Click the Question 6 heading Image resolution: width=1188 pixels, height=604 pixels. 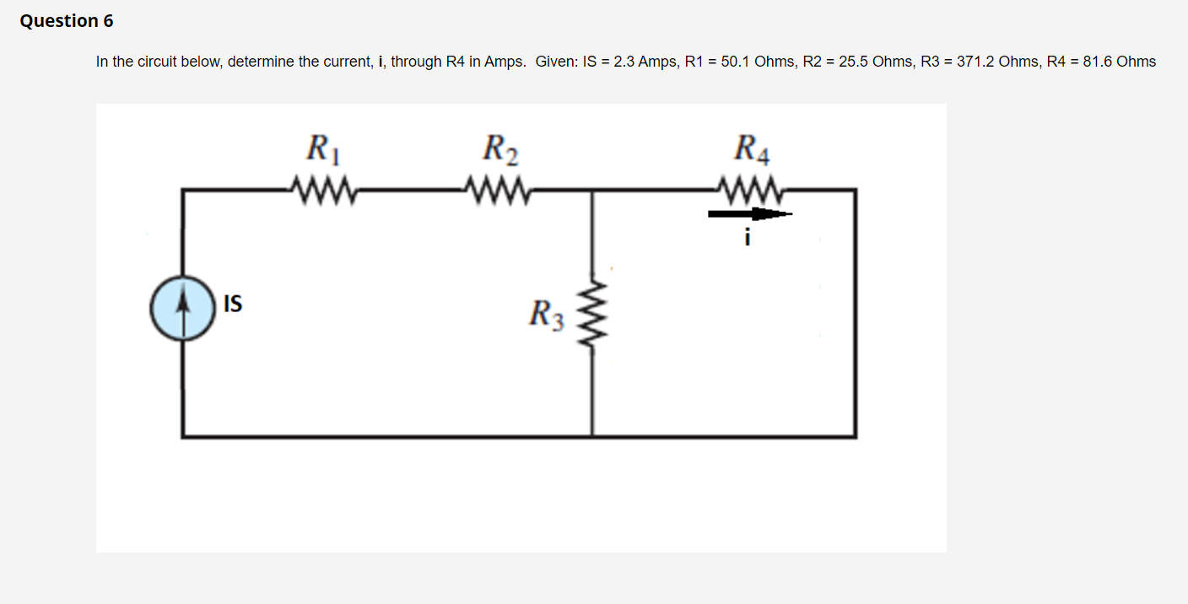tap(67, 21)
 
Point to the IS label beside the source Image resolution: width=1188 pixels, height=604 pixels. tap(233, 304)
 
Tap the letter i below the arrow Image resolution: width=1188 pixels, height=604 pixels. tap(747, 239)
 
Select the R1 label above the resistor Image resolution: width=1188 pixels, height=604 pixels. tap(322, 149)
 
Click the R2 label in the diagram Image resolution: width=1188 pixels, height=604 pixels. tap(499, 149)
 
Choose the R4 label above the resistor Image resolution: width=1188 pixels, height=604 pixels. tap(752, 149)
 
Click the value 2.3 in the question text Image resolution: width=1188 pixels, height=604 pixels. tap(624, 62)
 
